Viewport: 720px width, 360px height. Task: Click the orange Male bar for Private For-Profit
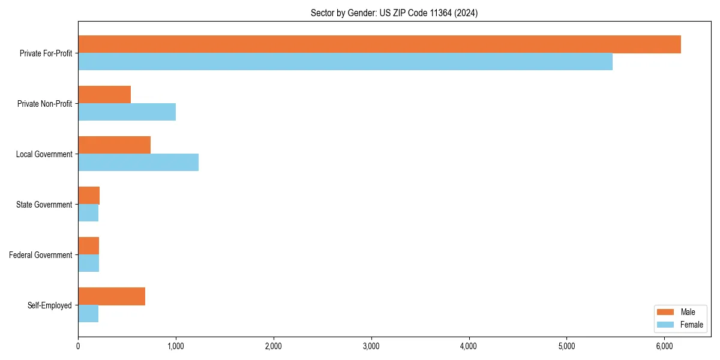coord(379,44)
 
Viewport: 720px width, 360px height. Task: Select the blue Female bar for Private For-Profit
coord(345,62)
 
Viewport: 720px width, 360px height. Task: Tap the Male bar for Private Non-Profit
coord(104,95)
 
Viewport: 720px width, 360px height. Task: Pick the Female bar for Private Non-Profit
coord(127,112)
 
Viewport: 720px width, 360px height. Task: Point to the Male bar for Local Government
coord(114,145)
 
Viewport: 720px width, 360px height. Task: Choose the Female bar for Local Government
coord(138,163)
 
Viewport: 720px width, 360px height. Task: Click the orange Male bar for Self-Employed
coord(112,296)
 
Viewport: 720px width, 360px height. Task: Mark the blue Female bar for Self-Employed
coord(88,314)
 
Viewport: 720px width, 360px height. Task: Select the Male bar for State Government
coord(89,196)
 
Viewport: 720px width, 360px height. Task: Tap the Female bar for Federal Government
coord(88,263)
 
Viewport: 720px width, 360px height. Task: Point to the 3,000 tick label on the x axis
coord(371,346)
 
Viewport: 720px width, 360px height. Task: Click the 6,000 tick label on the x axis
coord(664,346)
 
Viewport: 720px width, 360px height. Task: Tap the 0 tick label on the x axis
coord(78,346)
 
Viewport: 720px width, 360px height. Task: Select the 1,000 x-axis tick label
coord(176,346)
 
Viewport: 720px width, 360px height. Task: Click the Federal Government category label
coord(41,255)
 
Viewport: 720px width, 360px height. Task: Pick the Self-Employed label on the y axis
coord(50,305)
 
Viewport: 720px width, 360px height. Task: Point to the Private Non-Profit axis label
coord(44,104)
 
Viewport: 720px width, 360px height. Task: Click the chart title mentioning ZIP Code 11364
coord(394,13)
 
